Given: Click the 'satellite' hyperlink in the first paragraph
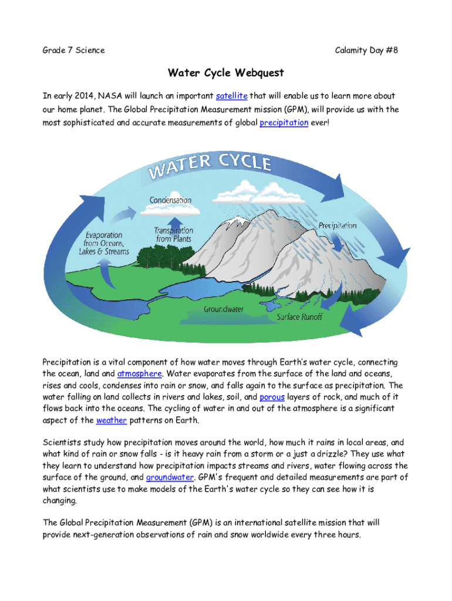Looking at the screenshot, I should (231, 96).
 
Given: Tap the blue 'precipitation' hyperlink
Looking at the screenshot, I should (284, 123).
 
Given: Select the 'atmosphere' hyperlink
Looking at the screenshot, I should (138, 373).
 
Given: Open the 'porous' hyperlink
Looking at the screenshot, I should (272, 397).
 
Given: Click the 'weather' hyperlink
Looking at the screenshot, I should (111, 420).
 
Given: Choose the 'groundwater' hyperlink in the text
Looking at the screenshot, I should (170, 477).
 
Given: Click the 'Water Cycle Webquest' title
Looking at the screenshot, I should (225, 73).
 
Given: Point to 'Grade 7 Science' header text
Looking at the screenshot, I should (73, 50).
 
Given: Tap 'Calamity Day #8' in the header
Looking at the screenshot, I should (366, 50).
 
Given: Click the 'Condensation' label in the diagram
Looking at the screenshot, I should (170, 200).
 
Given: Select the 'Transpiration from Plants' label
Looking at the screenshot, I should (174, 235).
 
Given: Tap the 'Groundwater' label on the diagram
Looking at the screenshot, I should (224, 308).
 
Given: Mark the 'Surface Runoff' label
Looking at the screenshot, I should (299, 317).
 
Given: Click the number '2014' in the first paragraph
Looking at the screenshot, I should (85, 96).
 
